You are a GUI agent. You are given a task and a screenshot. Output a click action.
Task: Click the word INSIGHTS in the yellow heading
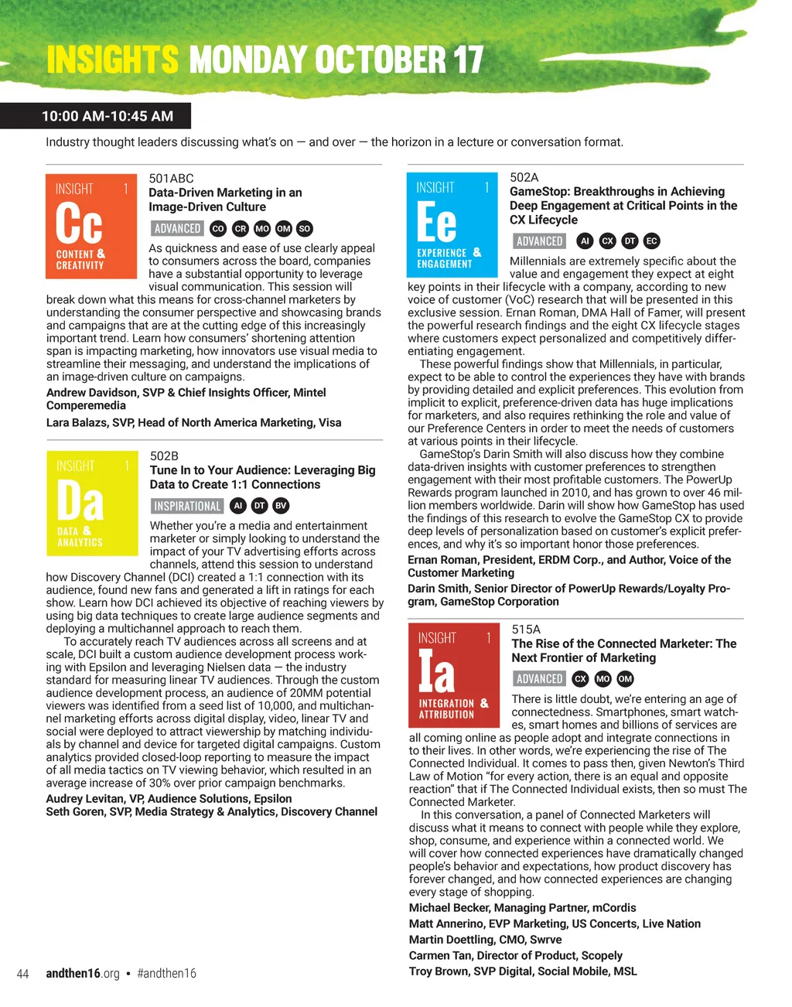point(112,60)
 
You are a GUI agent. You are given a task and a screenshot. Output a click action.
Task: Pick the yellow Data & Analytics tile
point(92,503)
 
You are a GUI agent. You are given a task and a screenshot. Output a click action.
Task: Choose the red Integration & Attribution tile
point(454,675)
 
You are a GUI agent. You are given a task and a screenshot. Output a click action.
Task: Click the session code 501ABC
point(171,178)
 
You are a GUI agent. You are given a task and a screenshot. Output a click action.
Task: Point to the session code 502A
point(524,177)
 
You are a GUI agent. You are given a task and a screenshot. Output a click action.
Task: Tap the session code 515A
point(526,629)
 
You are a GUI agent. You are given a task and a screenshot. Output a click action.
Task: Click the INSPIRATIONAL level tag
point(187,506)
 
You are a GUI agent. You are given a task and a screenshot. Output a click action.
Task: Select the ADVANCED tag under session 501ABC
point(177,228)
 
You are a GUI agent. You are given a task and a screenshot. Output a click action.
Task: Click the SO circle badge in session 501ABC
point(305,228)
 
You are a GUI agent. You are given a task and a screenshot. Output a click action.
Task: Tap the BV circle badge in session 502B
point(281,506)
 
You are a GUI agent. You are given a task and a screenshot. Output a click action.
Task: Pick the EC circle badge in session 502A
point(651,241)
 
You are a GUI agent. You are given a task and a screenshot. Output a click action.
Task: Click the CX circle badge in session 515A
point(580,678)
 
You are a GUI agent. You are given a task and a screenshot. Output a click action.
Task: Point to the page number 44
point(22,973)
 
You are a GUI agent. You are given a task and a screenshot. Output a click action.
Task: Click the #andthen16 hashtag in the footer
point(166,973)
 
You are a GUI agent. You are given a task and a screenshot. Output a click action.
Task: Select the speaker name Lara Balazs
point(79,422)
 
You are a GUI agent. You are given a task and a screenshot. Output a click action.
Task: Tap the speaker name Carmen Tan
point(439,955)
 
